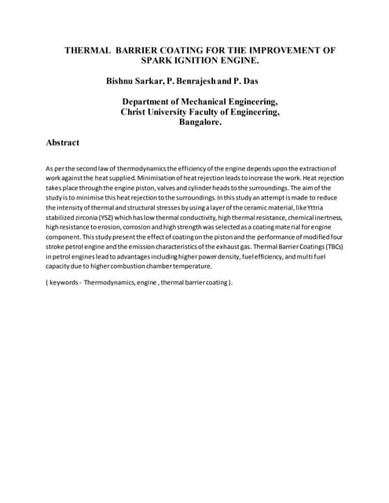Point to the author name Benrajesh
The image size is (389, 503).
[211, 82]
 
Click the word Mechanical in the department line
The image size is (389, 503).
[210, 102]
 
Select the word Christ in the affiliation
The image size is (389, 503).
[137, 112]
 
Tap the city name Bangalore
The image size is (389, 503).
[200, 123]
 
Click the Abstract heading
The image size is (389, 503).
[64, 144]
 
